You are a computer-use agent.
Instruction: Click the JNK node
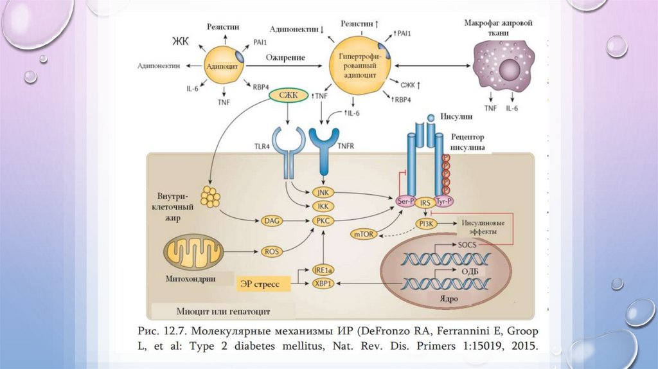(321, 192)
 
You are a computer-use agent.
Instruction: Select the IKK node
(321, 206)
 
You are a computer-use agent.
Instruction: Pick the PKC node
(321, 221)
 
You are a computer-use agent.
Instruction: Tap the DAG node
(270, 221)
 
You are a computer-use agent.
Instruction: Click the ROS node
(270, 251)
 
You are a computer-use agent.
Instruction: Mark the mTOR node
(362, 234)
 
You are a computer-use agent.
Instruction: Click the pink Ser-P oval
(405, 201)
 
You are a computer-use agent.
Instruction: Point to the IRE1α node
(322, 270)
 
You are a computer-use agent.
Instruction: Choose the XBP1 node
(322, 283)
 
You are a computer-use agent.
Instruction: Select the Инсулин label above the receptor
(457, 117)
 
